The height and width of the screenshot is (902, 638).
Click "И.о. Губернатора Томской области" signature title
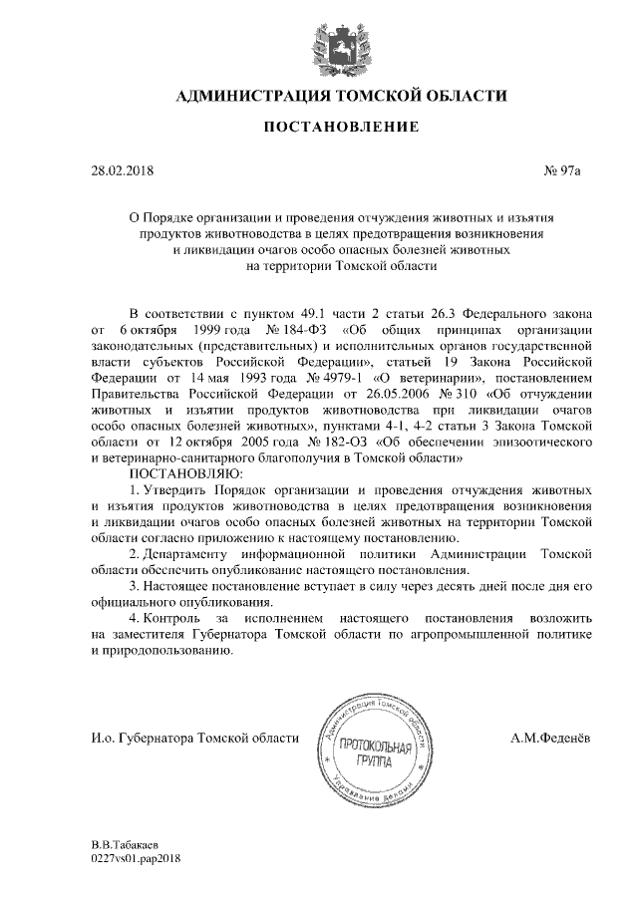click(x=194, y=738)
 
